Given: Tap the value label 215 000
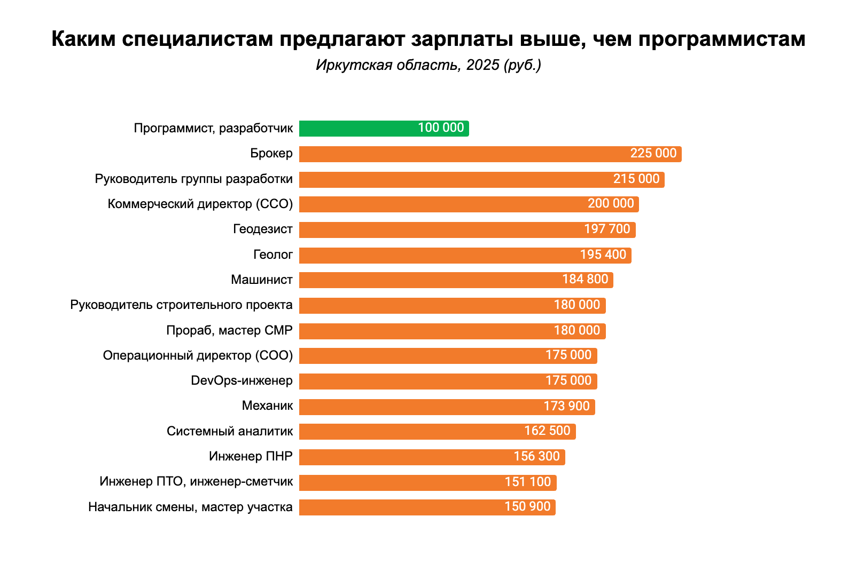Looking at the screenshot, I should point(636,179).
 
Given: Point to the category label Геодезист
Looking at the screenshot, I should point(263,229).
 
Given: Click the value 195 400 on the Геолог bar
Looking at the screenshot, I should point(603,255).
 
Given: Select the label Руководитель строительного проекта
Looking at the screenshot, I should point(182,305).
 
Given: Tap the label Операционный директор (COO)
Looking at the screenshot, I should point(198,356).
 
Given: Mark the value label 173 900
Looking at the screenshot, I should point(566,407).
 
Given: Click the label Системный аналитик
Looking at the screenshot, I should point(230,431).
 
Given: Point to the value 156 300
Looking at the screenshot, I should point(536,457).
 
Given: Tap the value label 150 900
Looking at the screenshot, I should point(527,507).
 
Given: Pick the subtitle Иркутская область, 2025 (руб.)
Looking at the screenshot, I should point(428,65).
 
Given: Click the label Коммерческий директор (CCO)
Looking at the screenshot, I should point(200,204).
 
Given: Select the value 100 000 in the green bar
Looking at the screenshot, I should point(441,128).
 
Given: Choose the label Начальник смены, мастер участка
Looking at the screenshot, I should point(191,507).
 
